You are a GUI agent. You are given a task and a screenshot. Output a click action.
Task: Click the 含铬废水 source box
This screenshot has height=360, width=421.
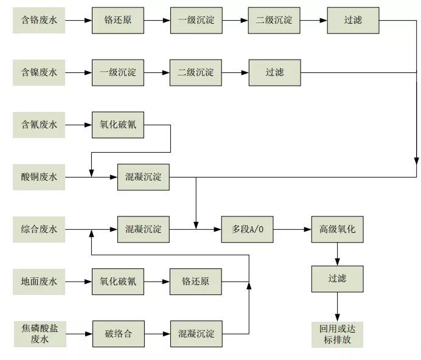pyautogui.click(x=39, y=20)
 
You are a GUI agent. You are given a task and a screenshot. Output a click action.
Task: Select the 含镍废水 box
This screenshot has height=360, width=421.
pyautogui.click(x=39, y=73)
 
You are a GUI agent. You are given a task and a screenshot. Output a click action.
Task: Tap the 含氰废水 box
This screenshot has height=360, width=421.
pyautogui.click(x=39, y=125)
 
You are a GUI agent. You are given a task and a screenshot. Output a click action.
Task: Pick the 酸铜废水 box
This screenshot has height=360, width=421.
pyautogui.click(x=39, y=177)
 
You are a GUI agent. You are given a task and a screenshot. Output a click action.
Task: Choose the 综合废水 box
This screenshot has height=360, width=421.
pyautogui.click(x=39, y=229)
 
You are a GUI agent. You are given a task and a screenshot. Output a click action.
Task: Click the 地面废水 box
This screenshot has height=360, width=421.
pyautogui.click(x=39, y=282)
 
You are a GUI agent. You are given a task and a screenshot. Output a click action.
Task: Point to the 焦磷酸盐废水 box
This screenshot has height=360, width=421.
pyautogui.click(x=39, y=333)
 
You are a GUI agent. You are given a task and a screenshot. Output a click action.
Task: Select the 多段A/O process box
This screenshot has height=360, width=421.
pyautogui.click(x=248, y=229)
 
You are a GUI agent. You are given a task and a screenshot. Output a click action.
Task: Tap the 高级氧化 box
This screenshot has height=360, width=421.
pyautogui.click(x=337, y=229)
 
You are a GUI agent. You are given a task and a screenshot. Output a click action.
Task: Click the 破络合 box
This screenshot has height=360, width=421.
pyautogui.click(x=118, y=333)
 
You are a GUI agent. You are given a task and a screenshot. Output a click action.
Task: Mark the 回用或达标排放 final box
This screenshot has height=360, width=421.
pyautogui.click(x=337, y=333)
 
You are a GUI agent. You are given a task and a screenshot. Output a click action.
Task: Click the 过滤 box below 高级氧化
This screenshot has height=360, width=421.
pyautogui.click(x=337, y=279)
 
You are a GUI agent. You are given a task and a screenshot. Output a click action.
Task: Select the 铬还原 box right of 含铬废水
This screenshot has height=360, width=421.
pyautogui.click(x=118, y=20)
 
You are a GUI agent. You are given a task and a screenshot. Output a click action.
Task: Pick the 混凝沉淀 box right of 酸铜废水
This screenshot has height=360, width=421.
pyautogui.click(x=144, y=177)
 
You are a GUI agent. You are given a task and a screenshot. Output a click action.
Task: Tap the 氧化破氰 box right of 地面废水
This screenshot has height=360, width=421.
pyautogui.click(x=118, y=282)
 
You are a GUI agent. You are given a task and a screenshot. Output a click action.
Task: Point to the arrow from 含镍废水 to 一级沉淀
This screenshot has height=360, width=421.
pyautogui.click(x=78, y=73)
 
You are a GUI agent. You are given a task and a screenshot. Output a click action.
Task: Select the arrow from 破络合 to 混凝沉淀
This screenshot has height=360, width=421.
pyautogui.click(x=156, y=333)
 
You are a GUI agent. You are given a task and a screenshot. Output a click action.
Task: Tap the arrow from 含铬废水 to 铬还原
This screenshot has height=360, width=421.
pyautogui.click(x=78, y=20)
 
